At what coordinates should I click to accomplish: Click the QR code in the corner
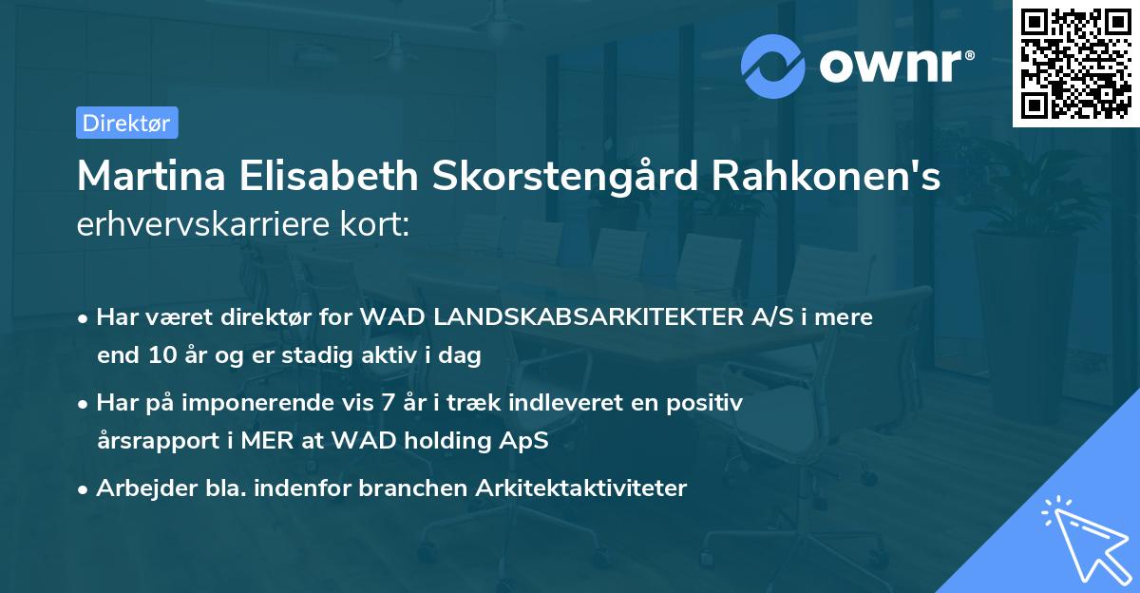[x=1076, y=63]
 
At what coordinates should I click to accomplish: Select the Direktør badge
[x=126, y=123]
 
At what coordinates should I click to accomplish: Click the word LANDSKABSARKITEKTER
[x=562, y=317]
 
